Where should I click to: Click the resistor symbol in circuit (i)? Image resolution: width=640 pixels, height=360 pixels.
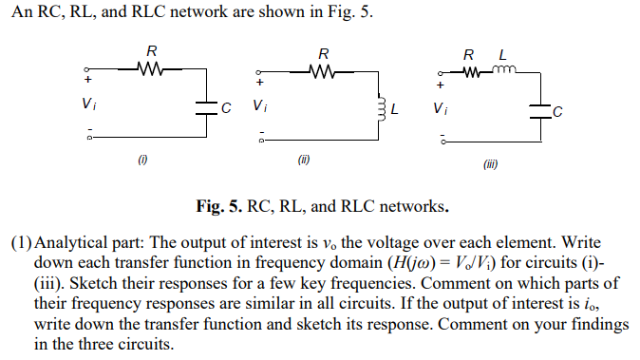pos(152,68)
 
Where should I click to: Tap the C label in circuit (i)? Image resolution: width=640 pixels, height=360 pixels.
pos(225,106)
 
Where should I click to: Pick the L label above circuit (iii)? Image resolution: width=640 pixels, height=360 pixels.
pos(503,52)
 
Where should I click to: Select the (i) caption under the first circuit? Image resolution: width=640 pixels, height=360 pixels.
pos(141,160)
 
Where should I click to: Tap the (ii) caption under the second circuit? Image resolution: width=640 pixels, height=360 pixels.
pos(304,160)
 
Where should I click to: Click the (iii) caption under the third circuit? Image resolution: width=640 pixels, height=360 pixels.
pos(490,164)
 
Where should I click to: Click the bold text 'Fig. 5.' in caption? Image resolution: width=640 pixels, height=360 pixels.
pos(217,206)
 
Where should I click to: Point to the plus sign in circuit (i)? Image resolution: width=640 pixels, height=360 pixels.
pos(88,82)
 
